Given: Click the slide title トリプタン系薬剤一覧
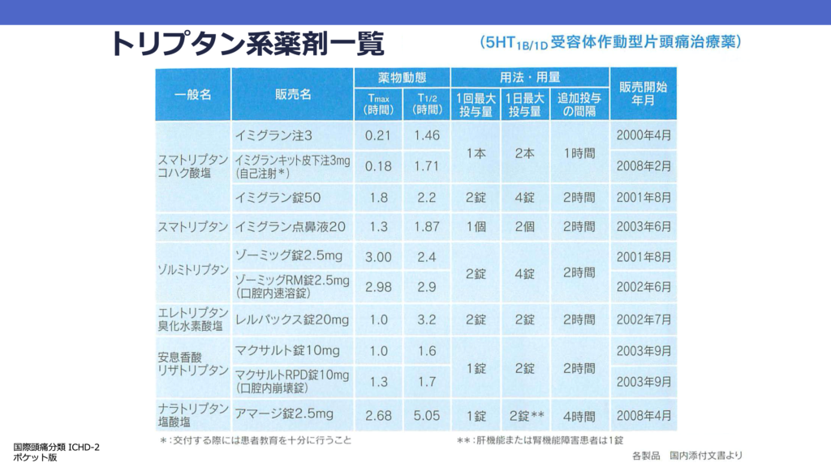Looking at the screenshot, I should click(248, 43).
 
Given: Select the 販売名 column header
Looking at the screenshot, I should click(293, 95).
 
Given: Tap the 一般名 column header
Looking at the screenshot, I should click(193, 95).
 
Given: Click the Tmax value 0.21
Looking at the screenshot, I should click(378, 135).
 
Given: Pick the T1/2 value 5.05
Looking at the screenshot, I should click(427, 415).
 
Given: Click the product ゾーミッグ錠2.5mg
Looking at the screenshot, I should click(288, 256).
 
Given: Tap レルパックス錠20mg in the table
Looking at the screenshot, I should click(291, 319).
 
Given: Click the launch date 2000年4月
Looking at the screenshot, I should click(644, 135).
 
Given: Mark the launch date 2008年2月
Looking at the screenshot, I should click(644, 166).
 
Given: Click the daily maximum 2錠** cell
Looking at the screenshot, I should click(525, 415).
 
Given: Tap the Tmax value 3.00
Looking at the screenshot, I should click(378, 257).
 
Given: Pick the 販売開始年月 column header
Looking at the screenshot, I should click(644, 95).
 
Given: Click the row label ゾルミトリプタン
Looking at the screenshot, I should click(193, 270).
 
